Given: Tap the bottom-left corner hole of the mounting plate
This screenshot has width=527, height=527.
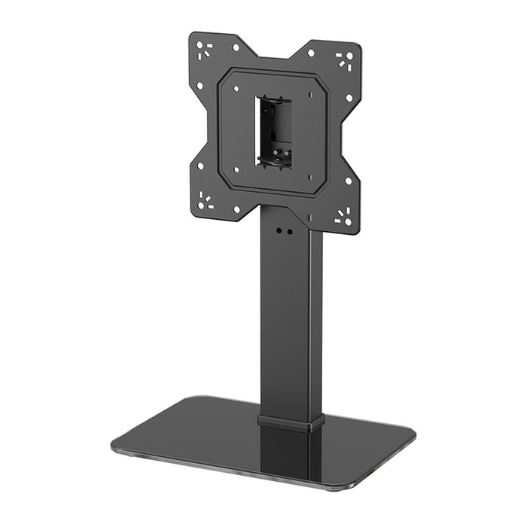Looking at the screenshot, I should pos(204,199).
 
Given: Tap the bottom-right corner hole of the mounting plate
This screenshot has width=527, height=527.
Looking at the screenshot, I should pos(343,218).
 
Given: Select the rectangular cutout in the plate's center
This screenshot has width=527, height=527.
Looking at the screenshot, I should pos(274,131).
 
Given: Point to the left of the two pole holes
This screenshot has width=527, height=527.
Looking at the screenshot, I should pos(279,231).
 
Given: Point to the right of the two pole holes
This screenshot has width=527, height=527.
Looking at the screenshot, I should pos(289,233).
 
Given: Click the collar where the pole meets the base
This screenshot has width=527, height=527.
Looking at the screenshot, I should pos(291,421).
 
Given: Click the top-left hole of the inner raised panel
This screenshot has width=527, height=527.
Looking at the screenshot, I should pos(236,88).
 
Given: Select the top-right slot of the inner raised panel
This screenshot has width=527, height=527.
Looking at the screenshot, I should pos(310,95).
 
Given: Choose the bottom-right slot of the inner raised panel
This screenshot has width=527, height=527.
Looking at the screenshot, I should pos(309,178).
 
